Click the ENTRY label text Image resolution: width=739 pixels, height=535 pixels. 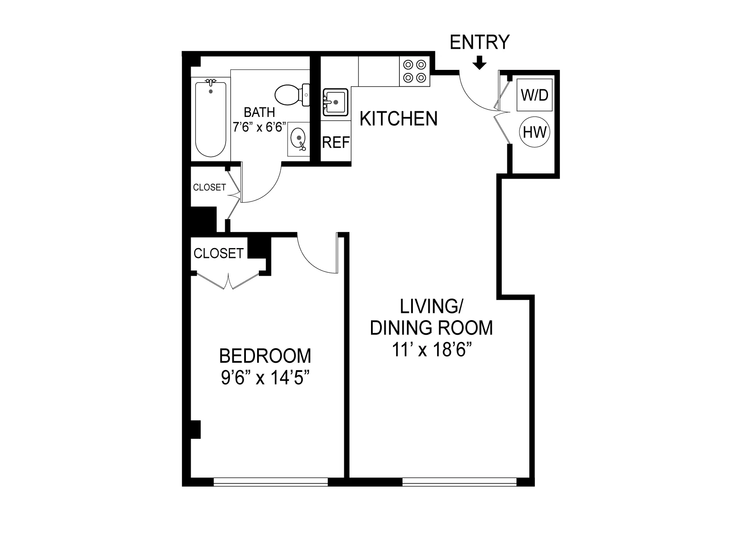pyautogui.click(x=479, y=42)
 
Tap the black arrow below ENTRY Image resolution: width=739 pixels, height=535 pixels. pyautogui.click(x=479, y=64)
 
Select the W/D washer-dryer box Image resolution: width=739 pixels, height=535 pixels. pyautogui.click(x=535, y=94)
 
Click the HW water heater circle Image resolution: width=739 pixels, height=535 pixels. pyautogui.click(x=535, y=132)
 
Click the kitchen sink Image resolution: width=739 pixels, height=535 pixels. pyautogui.click(x=336, y=102)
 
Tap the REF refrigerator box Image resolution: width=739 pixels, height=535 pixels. pyautogui.click(x=336, y=142)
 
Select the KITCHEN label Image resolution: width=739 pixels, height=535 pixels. pyautogui.click(x=398, y=119)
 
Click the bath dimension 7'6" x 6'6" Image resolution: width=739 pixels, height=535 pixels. pyautogui.click(x=259, y=127)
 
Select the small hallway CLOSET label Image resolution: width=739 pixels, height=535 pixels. pyautogui.click(x=209, y=187)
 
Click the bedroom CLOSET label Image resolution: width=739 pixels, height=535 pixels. pyautogui.click(x=218, y=253)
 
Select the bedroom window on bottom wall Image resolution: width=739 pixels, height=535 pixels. pyautogui.click(x=271, y=481)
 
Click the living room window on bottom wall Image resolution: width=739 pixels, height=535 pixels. pyautogui.click(x=459, y=481)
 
